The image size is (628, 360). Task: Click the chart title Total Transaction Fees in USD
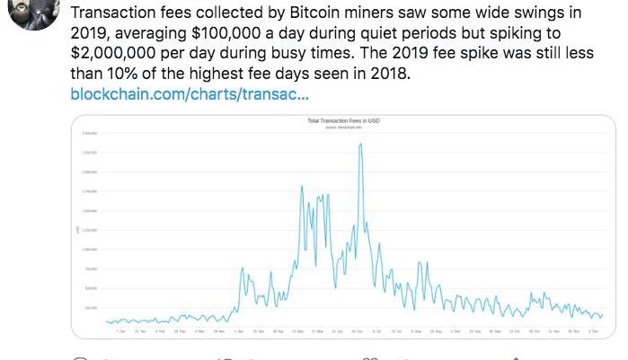(344, 120)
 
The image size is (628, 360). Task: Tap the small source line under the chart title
(344, 127)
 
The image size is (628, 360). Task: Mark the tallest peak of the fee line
(360, 144)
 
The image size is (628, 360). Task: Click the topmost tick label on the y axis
(90, 133)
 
